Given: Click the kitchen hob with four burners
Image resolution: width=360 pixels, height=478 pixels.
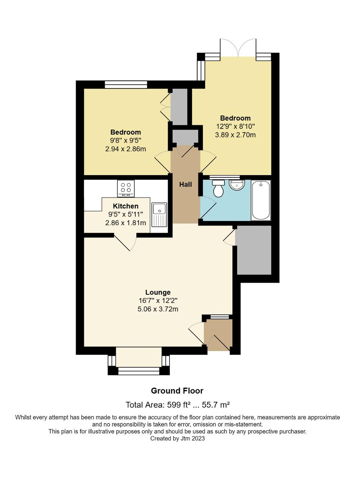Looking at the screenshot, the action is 125,188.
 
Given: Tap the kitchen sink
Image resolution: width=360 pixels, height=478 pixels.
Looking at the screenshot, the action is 159,214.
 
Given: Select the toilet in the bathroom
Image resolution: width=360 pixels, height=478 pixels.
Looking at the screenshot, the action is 218,188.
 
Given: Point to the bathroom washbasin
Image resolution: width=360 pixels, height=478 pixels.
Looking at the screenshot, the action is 237,184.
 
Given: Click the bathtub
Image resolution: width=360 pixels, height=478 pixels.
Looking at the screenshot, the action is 261,200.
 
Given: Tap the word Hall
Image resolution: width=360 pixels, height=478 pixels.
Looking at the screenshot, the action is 185,184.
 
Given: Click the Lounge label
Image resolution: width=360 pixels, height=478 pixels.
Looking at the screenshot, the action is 158,292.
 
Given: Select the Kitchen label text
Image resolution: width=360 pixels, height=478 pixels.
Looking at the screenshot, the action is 125,206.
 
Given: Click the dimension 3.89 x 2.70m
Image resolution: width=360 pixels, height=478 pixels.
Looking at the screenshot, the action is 235,135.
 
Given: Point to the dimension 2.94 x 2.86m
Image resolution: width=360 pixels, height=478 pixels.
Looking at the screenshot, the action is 125,149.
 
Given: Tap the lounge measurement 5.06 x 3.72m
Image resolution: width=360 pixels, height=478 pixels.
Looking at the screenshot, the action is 158,309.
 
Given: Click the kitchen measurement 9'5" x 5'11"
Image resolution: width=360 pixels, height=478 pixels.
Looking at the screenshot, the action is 125,214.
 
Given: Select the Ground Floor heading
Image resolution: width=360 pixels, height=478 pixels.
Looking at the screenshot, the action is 177,391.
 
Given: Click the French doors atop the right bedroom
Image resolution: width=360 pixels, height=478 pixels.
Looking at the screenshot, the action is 238,48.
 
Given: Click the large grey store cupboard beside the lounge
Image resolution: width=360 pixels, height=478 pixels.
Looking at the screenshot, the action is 254,250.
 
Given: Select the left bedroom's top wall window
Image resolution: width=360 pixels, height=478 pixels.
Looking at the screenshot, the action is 126,84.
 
